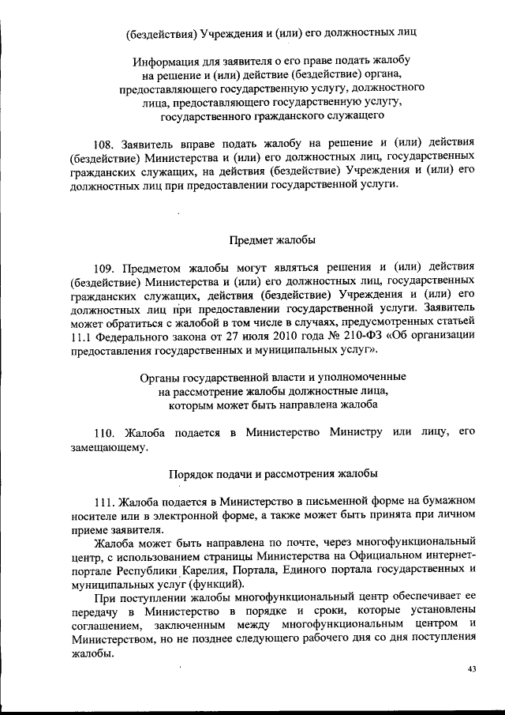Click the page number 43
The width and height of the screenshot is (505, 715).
pos(472,669)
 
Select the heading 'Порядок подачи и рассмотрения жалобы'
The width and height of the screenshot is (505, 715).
pos(272,474)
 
